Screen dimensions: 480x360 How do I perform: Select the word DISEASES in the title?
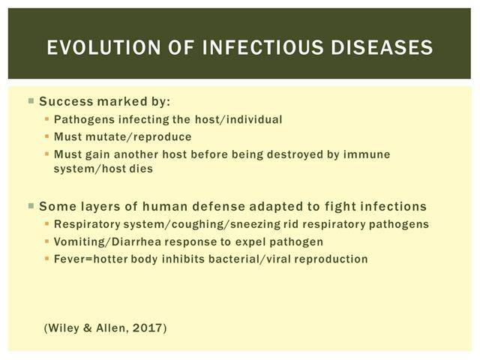pyautogui.click(x=382, y=47)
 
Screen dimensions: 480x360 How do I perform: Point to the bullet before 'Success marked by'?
pyautogui.click(x=31, y=100)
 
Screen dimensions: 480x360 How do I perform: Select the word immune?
pyautogui.click(x=367, y=154)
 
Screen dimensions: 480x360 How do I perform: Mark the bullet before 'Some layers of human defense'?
pyautogui.click(x=31, y=205)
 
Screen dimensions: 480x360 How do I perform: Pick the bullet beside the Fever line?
pyautogui.click(x=46, y=259)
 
